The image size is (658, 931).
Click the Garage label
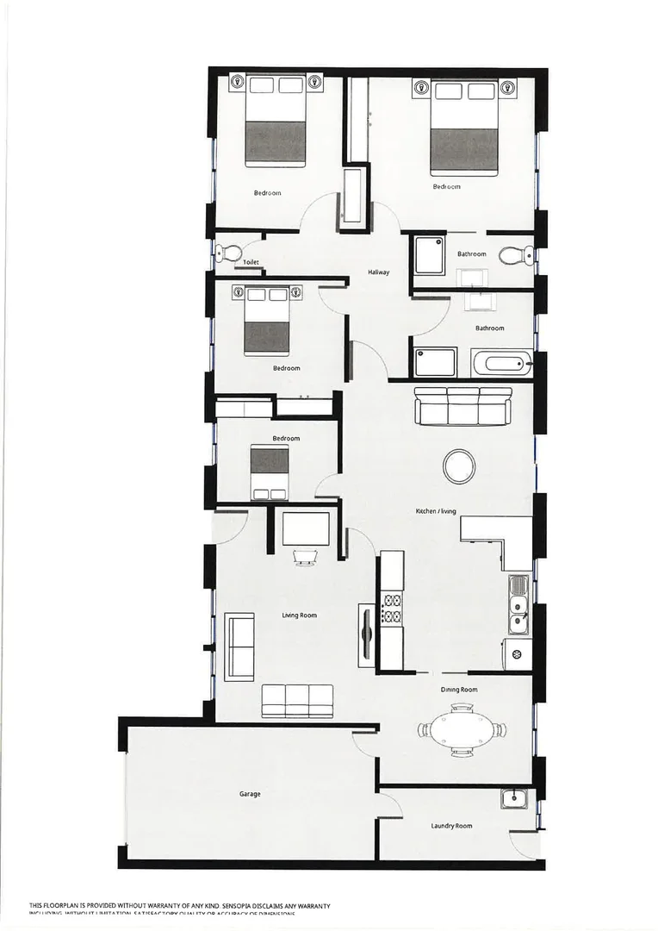point(250,794)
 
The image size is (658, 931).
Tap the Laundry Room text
point(451,826)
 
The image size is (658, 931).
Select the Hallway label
point(379,272)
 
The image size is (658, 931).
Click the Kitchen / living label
point(436,511)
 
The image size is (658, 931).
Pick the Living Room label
point(300,615)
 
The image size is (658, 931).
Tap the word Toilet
point(251,262)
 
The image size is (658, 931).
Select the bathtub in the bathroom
point(502,363)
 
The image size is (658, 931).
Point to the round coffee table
point(458,466)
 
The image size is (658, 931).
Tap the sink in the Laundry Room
point(514,797)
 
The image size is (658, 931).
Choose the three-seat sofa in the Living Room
point(297,700)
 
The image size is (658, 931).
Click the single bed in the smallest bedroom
point(269,472)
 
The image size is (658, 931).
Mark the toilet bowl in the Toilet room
point(226,253)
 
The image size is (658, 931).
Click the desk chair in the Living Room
point(305,558)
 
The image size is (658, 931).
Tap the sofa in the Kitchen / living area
point(462,406)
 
